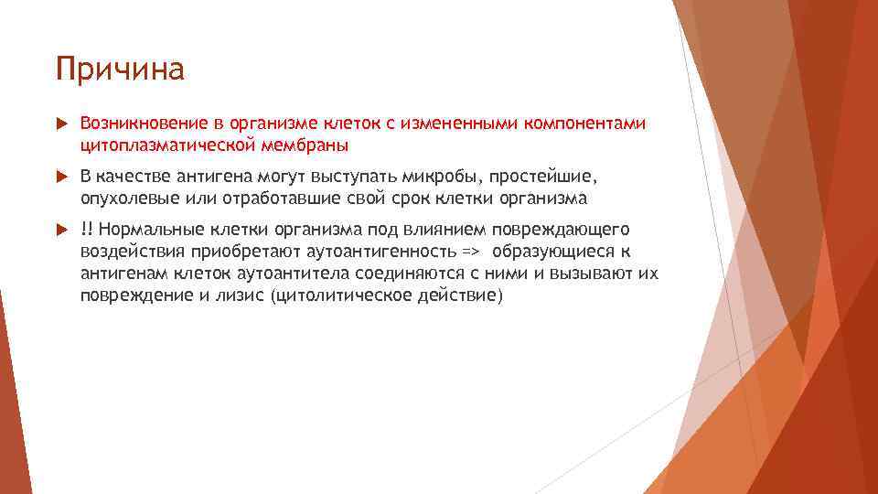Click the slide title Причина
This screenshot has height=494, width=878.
(x=120, y=70)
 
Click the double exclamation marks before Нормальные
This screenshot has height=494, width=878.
(x=87, y=229)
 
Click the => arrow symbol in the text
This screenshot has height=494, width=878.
(x=470, y=252)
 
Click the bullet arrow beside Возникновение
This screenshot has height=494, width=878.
(x=61, y=123)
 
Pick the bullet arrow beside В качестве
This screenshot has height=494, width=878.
(x=61, y=177)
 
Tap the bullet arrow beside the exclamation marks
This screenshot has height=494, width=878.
(x=61, y=229)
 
